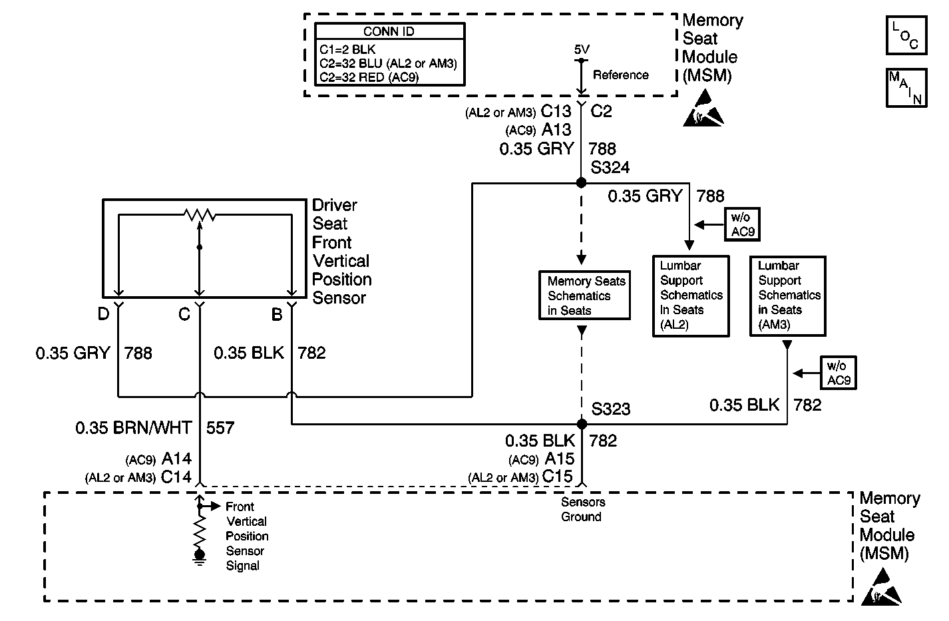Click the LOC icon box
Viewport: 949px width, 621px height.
coord(906,35)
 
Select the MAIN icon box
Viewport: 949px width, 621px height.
coord(906,87)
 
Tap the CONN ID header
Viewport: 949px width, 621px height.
coord(389,31)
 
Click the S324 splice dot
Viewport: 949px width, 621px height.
coord(581,182)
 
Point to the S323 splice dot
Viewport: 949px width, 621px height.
coord(582,424)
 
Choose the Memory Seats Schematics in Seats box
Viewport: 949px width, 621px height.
coord(585,296)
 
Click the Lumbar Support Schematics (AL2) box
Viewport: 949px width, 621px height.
coord(691,296)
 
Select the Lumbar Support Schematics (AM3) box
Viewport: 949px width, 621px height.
coord(788,296)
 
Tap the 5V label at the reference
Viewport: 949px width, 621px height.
coord(582,50)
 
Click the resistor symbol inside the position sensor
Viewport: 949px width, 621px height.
coord(199,215)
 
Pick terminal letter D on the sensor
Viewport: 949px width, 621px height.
coord(103,313)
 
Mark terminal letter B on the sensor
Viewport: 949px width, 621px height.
coord(277,314)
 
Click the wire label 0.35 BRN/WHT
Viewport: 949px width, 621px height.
coord(134,428)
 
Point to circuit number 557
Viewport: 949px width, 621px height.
coord(220,428)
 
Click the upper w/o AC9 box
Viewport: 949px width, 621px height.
coord(741,224)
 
